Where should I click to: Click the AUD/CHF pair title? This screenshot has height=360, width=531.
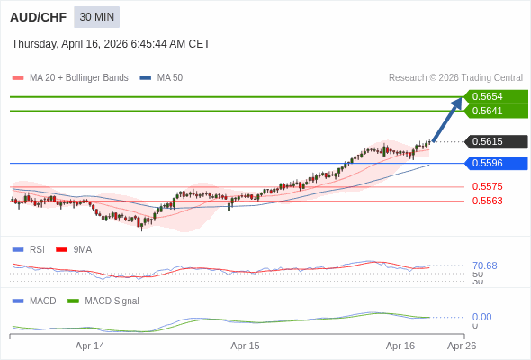(38, 17)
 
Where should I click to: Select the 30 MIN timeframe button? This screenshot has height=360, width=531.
(96, 17)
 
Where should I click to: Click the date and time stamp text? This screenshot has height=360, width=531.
(111, 44)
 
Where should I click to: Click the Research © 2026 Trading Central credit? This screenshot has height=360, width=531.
(455, 78)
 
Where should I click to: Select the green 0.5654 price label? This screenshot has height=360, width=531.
(496, 96)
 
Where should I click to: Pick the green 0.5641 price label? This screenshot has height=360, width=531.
(496, 111)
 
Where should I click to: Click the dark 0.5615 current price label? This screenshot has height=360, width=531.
(496, 141)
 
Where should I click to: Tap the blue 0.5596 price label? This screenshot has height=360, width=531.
(496, 163)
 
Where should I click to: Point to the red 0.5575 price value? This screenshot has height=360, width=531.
(487, 187)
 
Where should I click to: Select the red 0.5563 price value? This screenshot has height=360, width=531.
(487, 201)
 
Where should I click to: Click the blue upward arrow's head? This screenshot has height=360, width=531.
(457, 103)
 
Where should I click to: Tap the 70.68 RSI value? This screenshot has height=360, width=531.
(484, 265)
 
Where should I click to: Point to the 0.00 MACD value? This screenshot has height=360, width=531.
(481, 317)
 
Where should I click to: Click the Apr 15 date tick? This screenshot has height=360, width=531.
(245, 346)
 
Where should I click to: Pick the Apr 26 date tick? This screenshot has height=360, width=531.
(462, 346)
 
